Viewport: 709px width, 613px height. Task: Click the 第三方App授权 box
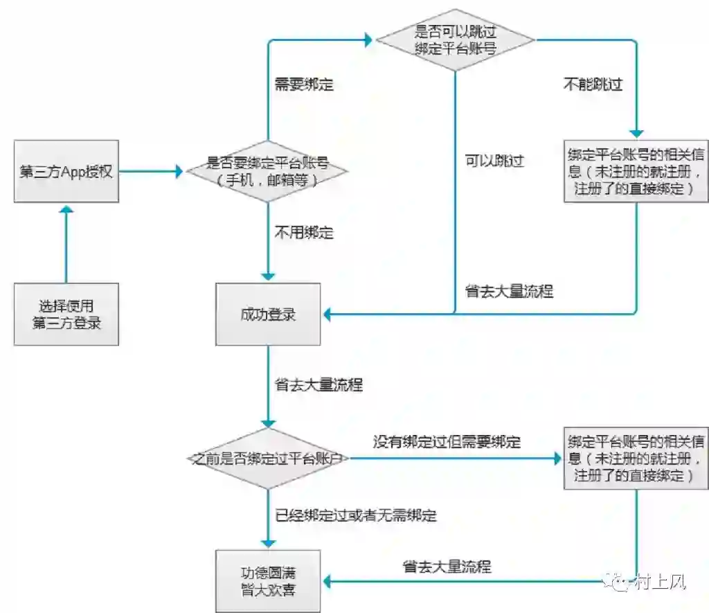tap(66, 172)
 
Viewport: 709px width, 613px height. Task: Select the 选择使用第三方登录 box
tap(66, 314)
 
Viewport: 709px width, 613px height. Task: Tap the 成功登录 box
tap(268, 314)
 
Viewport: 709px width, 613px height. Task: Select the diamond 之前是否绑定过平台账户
tap(268, 459)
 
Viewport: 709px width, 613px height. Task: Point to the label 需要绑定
tap(304, 85)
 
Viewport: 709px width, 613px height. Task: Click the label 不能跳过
tap(592, 85)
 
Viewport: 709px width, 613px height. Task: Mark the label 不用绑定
tap(304, 233)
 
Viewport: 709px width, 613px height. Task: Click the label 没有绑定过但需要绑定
tap(447, 441)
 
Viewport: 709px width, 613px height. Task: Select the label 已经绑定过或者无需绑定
tap(356, 515)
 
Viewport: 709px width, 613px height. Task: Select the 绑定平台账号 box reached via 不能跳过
tap(636, 170)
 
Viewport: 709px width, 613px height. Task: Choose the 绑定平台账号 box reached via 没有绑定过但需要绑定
tap(636, 459)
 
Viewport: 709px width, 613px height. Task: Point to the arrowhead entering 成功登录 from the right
tap(327, 314)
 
